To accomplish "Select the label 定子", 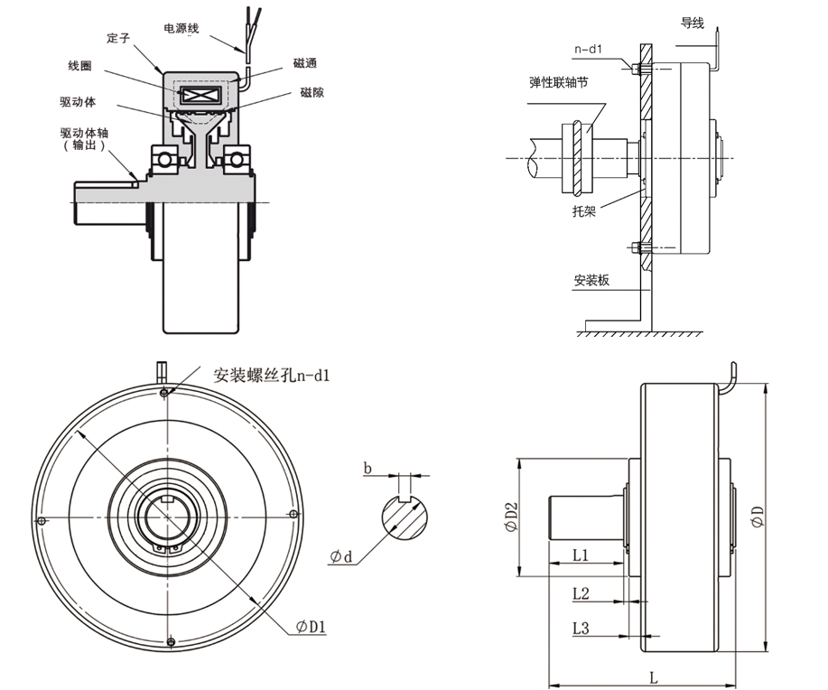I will coord(119,41).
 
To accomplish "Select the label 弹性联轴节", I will coord(560,82).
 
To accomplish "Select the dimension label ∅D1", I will coord(310,626).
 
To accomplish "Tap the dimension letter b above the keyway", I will coord(367,467).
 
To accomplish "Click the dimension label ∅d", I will coord(341,556).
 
